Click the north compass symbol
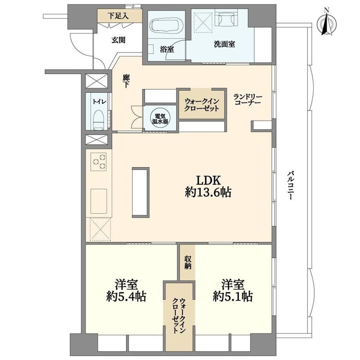coord(326,24)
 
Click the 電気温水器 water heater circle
coord(160,119)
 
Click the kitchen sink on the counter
coord(99,201)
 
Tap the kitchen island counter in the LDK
coord(140,193)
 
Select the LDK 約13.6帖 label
coord(208,186)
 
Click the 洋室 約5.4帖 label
coord(126,290)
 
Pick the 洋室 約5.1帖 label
coord(232,290)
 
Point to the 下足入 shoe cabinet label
coord(118,16)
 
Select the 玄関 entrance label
coord(119,40)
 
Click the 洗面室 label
coord(225,44)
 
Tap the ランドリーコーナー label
coord(248,99)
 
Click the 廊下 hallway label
coord(126,81)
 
